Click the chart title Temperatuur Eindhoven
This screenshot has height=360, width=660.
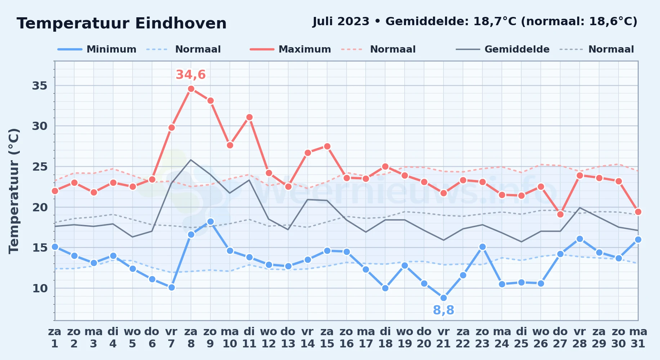[122, 23]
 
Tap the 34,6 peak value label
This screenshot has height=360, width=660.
[191, 75]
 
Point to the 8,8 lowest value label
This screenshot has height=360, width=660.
[443, 310]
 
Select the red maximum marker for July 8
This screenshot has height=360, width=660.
[191, 89]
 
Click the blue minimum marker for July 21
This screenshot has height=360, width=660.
[443, 298]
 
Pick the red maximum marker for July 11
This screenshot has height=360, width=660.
[249, 117]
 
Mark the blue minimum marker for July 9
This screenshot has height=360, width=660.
[210, 221]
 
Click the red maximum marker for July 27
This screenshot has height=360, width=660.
[560, 214]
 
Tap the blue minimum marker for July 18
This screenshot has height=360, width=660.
[385, 288]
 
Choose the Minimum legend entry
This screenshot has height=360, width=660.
[97, 49]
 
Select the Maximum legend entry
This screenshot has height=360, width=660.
[290, 49]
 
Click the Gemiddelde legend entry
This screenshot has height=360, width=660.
[503, 49]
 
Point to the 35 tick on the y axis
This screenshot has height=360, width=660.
[40, 86]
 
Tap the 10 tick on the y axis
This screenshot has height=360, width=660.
[40, 288]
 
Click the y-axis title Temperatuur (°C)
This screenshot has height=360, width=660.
[14, 191]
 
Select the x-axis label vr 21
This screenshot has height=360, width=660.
[443, 338]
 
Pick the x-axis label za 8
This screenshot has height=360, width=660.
[191, 338]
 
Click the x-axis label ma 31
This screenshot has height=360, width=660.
[638, 338]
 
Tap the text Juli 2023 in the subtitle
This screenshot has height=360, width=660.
[341, 22]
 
